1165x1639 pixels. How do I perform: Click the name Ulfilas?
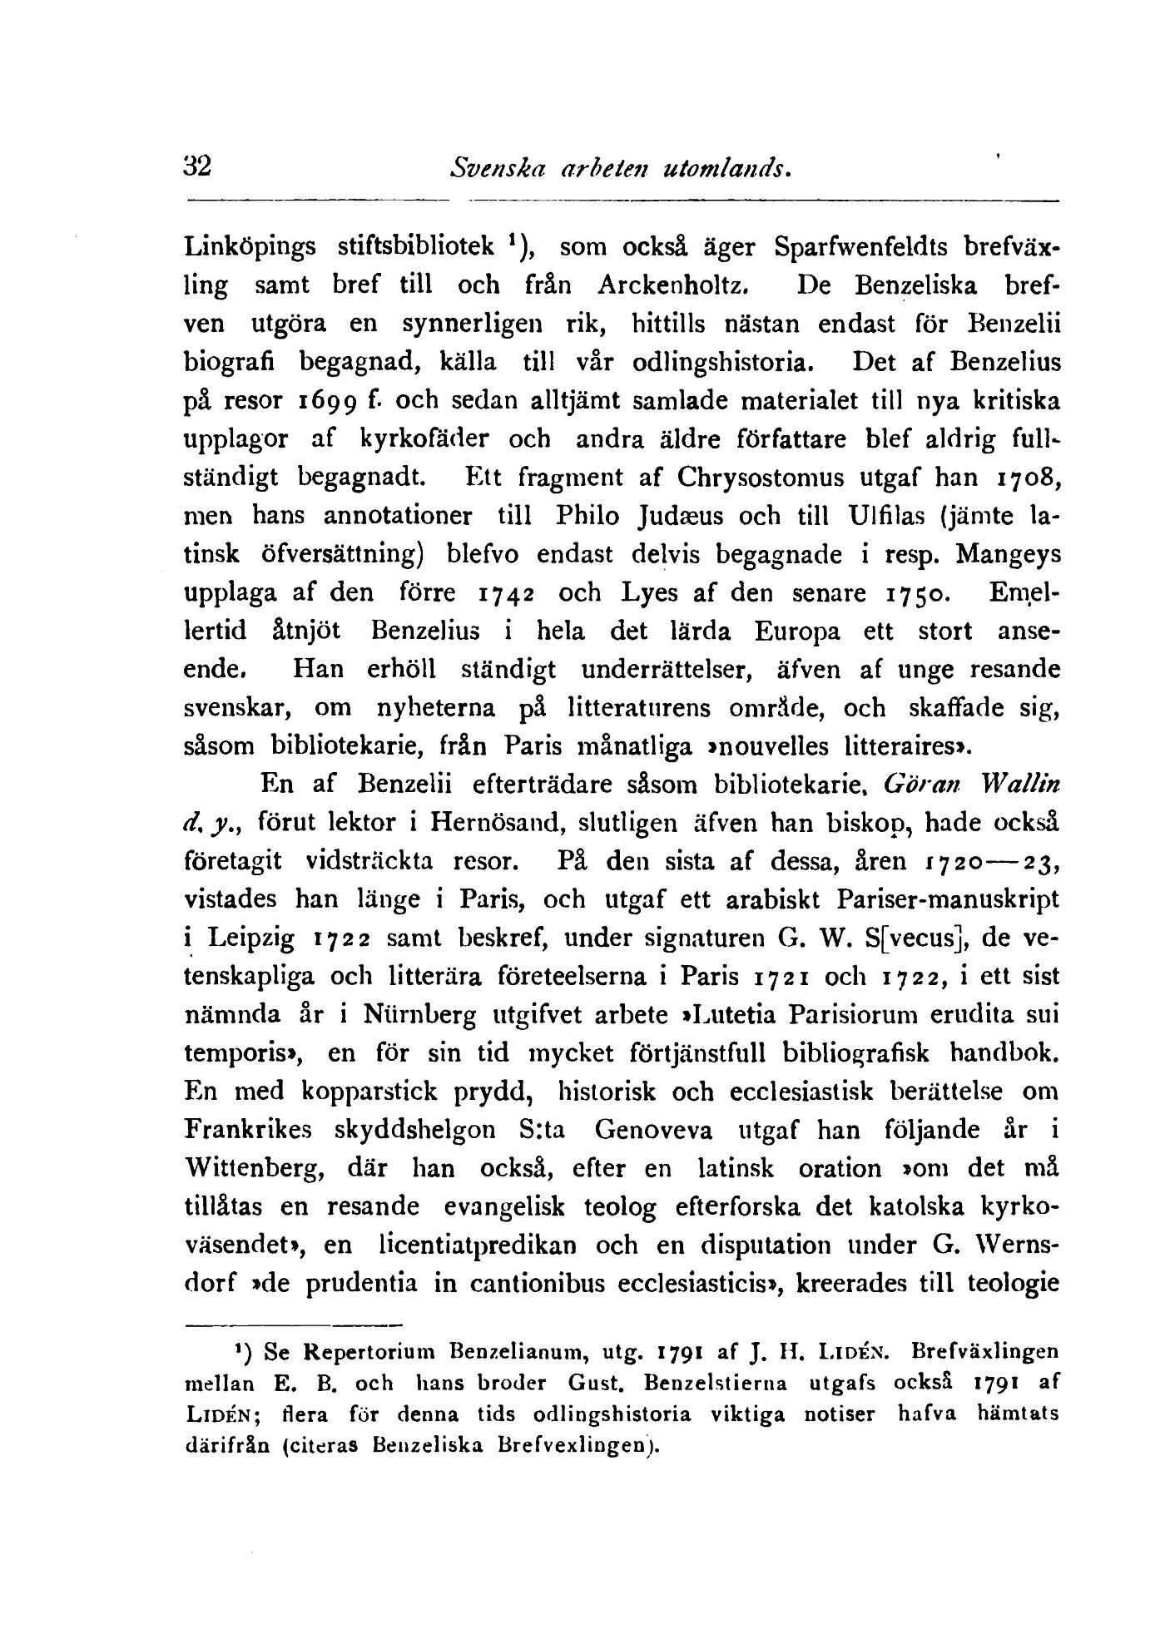pos(888,517)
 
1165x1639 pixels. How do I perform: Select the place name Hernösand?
pos(488,824)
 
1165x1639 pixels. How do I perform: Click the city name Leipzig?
pos(250,940)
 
